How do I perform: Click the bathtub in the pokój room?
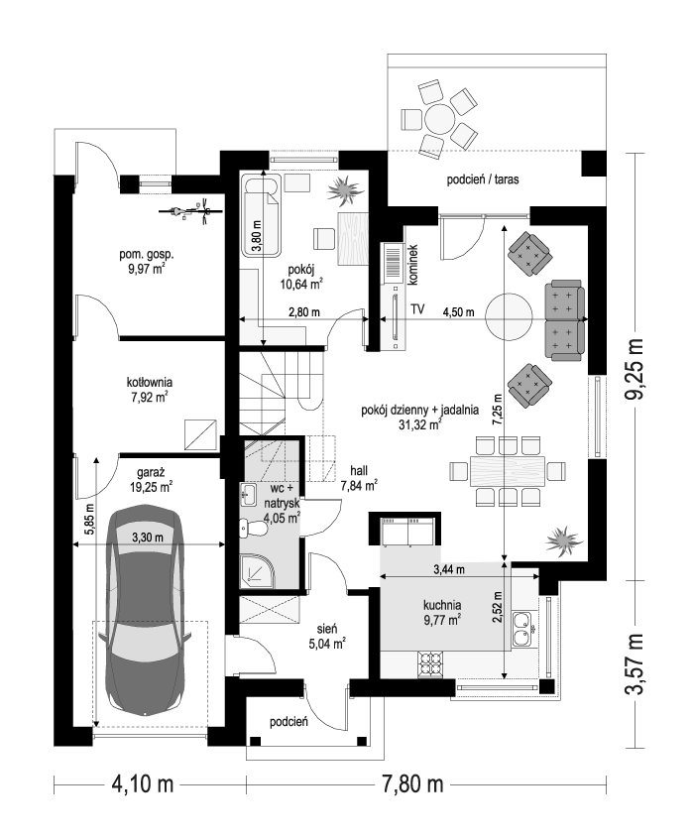point(262,215)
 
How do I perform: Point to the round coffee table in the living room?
point(509,316)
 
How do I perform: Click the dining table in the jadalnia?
point(508,470)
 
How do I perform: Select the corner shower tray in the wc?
point(257,570)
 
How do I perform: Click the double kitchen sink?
point(520,629)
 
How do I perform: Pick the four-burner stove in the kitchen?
point(430,664)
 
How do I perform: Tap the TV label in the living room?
point(417,309)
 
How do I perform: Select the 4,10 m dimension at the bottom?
point(142,785)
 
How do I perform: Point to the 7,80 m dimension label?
point(412,785)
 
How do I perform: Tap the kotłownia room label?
point(149,383)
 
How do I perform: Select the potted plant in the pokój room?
point(345,191)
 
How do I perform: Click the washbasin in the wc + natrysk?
point(248,493)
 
